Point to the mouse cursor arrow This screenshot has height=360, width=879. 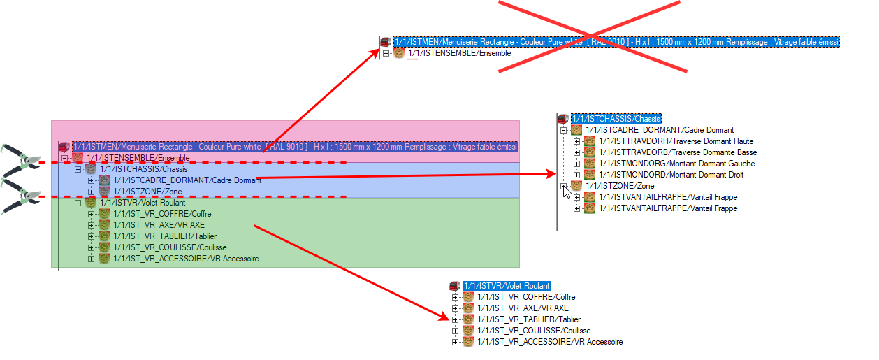[x=567, y=191]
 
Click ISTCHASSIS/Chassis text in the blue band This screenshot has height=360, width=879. [x=144, y=169]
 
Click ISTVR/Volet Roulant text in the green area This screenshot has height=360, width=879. [x=143, y=203]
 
